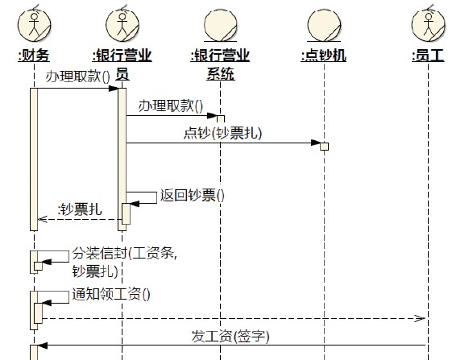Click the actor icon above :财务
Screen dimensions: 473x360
coord(34,24)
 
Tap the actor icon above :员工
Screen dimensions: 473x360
coord(429,24)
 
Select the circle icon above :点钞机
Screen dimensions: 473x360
coord(324,25)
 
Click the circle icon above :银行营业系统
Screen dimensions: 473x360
coord(221,25)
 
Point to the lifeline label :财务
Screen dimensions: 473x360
coord(34,56)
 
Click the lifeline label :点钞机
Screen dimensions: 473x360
coord(323,56)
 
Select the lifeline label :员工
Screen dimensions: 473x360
coord(428,56)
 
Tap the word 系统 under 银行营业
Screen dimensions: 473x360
coord(221,74)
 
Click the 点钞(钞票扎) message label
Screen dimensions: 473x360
coord(222,133)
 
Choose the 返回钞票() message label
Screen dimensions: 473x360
coord(193,195)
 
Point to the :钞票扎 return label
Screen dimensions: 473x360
coord(80,209)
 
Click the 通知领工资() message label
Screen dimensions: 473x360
coord(111,294)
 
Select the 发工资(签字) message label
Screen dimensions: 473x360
coord(230,336)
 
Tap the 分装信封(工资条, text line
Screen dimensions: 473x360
coord(125,253)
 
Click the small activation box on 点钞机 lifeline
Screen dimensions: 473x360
coord(324,147)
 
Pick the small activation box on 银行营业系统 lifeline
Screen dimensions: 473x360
coord(221,119)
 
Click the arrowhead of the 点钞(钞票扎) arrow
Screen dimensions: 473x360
coord(316,143)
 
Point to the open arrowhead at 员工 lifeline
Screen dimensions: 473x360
coord(420,318)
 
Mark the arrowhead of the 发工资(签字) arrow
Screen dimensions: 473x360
coord(43,346)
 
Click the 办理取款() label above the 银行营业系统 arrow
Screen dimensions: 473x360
coord(171,106)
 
